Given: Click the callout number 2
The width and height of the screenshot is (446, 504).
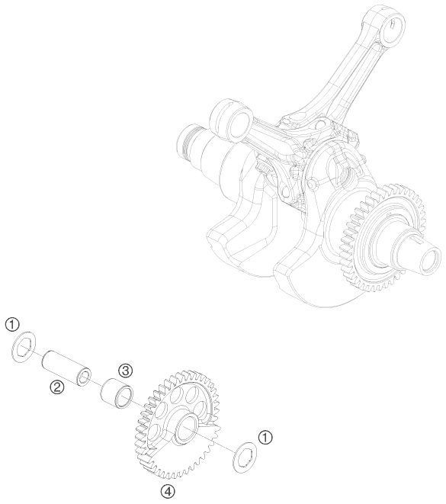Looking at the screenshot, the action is coord(57,387).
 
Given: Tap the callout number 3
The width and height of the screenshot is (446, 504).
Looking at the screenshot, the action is coord(125,371).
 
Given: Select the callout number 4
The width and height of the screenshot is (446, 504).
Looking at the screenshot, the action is coord(168,491).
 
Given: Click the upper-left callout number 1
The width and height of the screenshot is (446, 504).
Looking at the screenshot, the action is coord(12,325).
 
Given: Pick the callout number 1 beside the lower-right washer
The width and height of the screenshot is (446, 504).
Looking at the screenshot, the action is coord(265,438).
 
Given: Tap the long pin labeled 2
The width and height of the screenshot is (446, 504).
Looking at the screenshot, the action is coord(66,368).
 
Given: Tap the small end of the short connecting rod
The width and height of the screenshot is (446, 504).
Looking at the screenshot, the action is coord(230,120).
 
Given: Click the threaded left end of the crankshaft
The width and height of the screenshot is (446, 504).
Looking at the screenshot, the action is coord(190,143).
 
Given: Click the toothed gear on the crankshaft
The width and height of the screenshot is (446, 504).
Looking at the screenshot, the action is coord(383,238).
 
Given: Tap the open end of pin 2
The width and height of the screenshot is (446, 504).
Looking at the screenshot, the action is coord(85,377).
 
